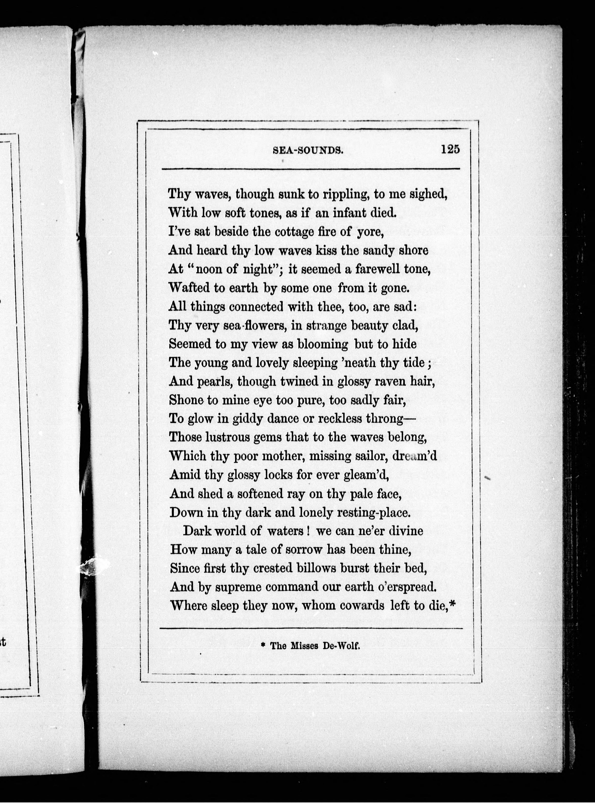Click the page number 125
(450, 149)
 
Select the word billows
(316, 568)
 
